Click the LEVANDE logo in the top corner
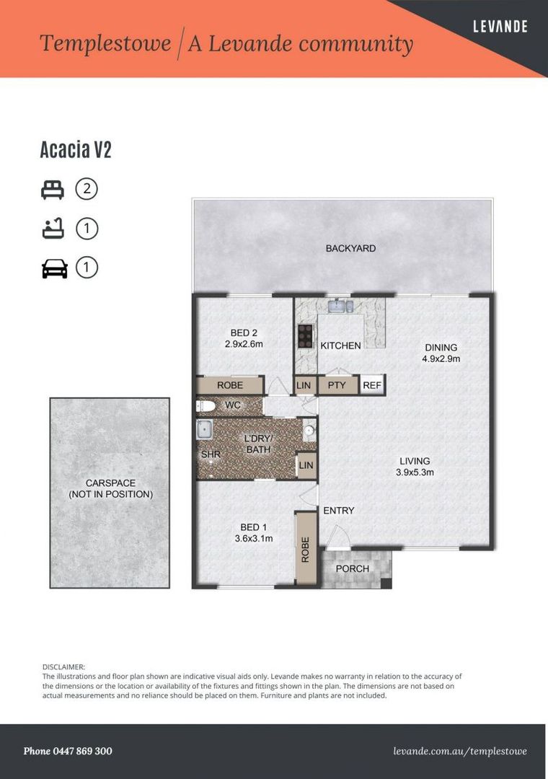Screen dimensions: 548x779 tap(500, 27)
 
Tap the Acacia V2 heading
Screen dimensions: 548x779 tap(76, 149)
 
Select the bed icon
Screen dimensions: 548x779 tap(53, 190)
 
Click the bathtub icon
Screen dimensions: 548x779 tap(53, 229)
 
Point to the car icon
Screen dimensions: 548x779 tap(54, 268)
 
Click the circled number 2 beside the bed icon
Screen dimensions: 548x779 tap(87, 189)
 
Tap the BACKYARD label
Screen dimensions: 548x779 tap(350, 248)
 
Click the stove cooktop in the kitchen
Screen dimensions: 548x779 tap(305, 336)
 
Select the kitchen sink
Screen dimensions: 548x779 tap(342, 306)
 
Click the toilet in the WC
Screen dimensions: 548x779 tap(205, 406)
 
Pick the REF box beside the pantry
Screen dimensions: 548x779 tap(372, 385)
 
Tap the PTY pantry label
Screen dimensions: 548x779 tap(337, 385)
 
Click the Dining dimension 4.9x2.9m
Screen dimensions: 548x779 tap(441, 358)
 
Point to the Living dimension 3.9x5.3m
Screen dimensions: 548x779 tap(415, 472)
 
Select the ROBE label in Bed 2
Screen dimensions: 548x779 tap(230, 385)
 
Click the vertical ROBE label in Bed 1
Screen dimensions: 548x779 tap(306, 550)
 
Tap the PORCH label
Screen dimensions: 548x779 tap(353, 568)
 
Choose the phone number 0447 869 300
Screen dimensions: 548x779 tap(82, 751)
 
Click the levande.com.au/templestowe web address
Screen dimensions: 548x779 tap(460, 752)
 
